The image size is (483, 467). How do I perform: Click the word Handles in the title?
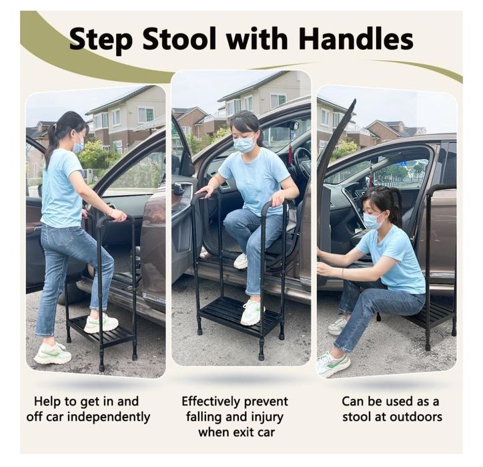pyautogui.click(x=356, y=39)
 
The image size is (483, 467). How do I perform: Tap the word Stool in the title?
pyautogui.click(x=179, y=39)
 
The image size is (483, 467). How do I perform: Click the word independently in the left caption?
pyautogui.click(x=109, y=417)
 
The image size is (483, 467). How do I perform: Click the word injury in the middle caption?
pyautogui.click(x=267, y=417)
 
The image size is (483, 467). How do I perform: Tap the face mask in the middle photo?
pyautogui.click(x=244, y=145)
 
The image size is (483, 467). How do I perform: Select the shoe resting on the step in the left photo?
pyautogui.click(x=101, y=323)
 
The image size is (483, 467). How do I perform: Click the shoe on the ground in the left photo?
pyautogui.click(x=52, y=353)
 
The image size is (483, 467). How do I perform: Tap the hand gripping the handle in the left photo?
pyautogui.click(x=118, y=216)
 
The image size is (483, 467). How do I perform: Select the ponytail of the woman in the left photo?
pyautogui.click(x=51, y=140)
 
